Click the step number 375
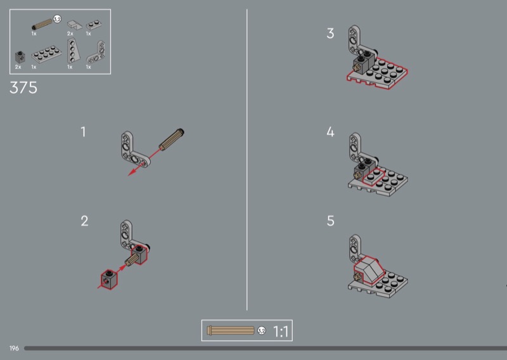(x=23, y=87)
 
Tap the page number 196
(x=14, y=349)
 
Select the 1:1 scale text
(x=281, y=331)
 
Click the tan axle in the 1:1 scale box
(x=231, y=330)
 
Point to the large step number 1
(x=84, y=132)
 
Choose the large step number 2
(x=84, y=221)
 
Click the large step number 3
(x=330, y=34)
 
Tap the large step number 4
(x=330, y=132)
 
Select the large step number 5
(x=330, y=221)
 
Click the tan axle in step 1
(x=172, y=139)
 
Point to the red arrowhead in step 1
(x=132, y=172)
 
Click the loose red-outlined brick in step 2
(x=109, y=279)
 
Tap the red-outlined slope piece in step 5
(x=368, y=270)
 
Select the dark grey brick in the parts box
(x=20, y=57)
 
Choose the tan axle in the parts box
(x=42, y=24)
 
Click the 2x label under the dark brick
(x=18, y=67)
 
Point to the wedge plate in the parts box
(x=72, y=51)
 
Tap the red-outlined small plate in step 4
(x=373, y=177)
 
